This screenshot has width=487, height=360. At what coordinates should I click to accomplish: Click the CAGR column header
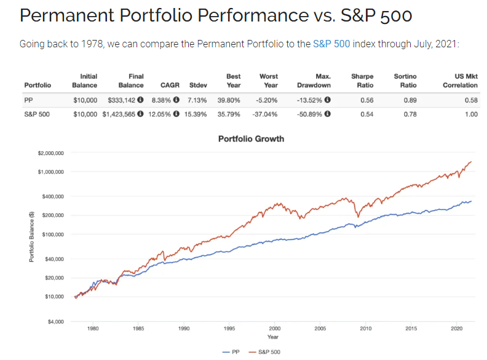tap(170, 85)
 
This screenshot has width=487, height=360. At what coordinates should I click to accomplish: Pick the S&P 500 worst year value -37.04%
tap(265, 114)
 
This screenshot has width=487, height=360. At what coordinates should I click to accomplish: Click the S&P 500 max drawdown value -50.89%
tap(311, 114)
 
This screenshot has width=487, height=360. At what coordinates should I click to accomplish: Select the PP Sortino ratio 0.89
tap(409, 99)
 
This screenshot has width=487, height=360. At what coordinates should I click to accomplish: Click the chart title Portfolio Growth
tap(251, 139)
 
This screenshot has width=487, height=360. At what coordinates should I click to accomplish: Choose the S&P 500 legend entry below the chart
tap(266, 351)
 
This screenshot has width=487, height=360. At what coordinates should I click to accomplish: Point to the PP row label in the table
tap(29, 99)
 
